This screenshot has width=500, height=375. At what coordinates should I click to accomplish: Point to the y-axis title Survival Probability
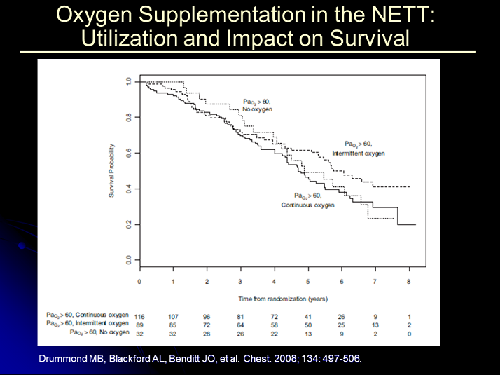pos(111,171)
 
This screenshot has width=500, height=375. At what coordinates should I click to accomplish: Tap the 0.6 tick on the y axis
pos(127,153)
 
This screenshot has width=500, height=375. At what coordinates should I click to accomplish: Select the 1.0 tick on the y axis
pos(127,81)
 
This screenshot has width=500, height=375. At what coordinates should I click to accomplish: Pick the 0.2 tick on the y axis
pos(127,224)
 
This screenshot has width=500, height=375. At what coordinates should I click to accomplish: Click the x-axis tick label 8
pos(408,282)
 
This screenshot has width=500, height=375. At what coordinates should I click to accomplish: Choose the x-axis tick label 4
pos(274,282)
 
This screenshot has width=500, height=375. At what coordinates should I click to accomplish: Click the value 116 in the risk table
pos(140,315)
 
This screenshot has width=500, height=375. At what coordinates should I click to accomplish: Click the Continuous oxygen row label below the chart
pos(86,315)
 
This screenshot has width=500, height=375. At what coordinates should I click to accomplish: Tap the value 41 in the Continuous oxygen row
pos(307,315)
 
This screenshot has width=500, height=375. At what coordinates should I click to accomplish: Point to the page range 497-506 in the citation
pos(340,359)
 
